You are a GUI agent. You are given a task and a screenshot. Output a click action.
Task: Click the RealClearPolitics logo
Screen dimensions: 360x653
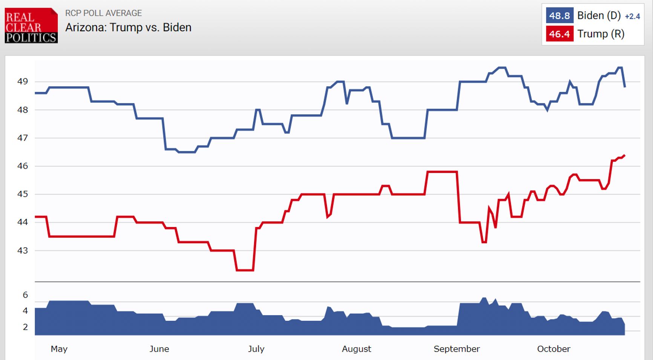point(31,26)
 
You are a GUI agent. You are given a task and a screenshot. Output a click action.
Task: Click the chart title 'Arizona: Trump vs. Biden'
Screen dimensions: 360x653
point(128,28)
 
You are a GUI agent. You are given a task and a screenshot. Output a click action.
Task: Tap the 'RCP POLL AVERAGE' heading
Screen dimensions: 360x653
point(103,13)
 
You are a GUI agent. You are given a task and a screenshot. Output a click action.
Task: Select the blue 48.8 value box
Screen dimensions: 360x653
point(559,16)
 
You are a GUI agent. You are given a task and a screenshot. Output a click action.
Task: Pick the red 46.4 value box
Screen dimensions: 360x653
point(559,34)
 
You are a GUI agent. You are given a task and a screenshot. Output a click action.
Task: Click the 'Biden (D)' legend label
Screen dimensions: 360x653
point(599,16)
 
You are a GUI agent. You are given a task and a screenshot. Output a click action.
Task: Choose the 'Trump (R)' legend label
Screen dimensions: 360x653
point(601,34)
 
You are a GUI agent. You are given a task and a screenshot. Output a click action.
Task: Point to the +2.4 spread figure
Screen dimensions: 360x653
point(632,17)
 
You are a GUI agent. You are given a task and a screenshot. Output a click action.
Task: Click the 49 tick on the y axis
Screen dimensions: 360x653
point(23,81)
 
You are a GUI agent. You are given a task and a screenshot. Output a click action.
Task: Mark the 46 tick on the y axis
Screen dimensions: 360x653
point(23,166)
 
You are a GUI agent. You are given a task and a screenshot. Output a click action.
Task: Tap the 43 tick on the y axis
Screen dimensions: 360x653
point(23,250)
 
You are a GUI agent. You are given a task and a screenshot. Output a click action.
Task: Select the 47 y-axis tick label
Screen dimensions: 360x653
point(23,138)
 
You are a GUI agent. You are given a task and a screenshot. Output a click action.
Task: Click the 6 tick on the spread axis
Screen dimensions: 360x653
point(25,295)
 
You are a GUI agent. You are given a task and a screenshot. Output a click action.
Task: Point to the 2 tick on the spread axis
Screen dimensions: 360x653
point(25,327)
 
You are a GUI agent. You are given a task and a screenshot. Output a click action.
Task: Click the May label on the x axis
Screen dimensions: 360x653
point(59,349)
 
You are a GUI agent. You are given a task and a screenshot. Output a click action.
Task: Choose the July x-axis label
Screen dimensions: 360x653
point(256,349)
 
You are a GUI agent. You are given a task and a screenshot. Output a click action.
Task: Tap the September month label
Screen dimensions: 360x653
point(457,349)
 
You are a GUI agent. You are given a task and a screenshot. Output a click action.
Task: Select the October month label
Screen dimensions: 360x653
point(553,349)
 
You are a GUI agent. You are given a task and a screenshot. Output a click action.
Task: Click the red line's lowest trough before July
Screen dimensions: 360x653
point(245,270)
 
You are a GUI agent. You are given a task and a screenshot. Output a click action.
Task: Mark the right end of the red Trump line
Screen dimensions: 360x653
point(624,155)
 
